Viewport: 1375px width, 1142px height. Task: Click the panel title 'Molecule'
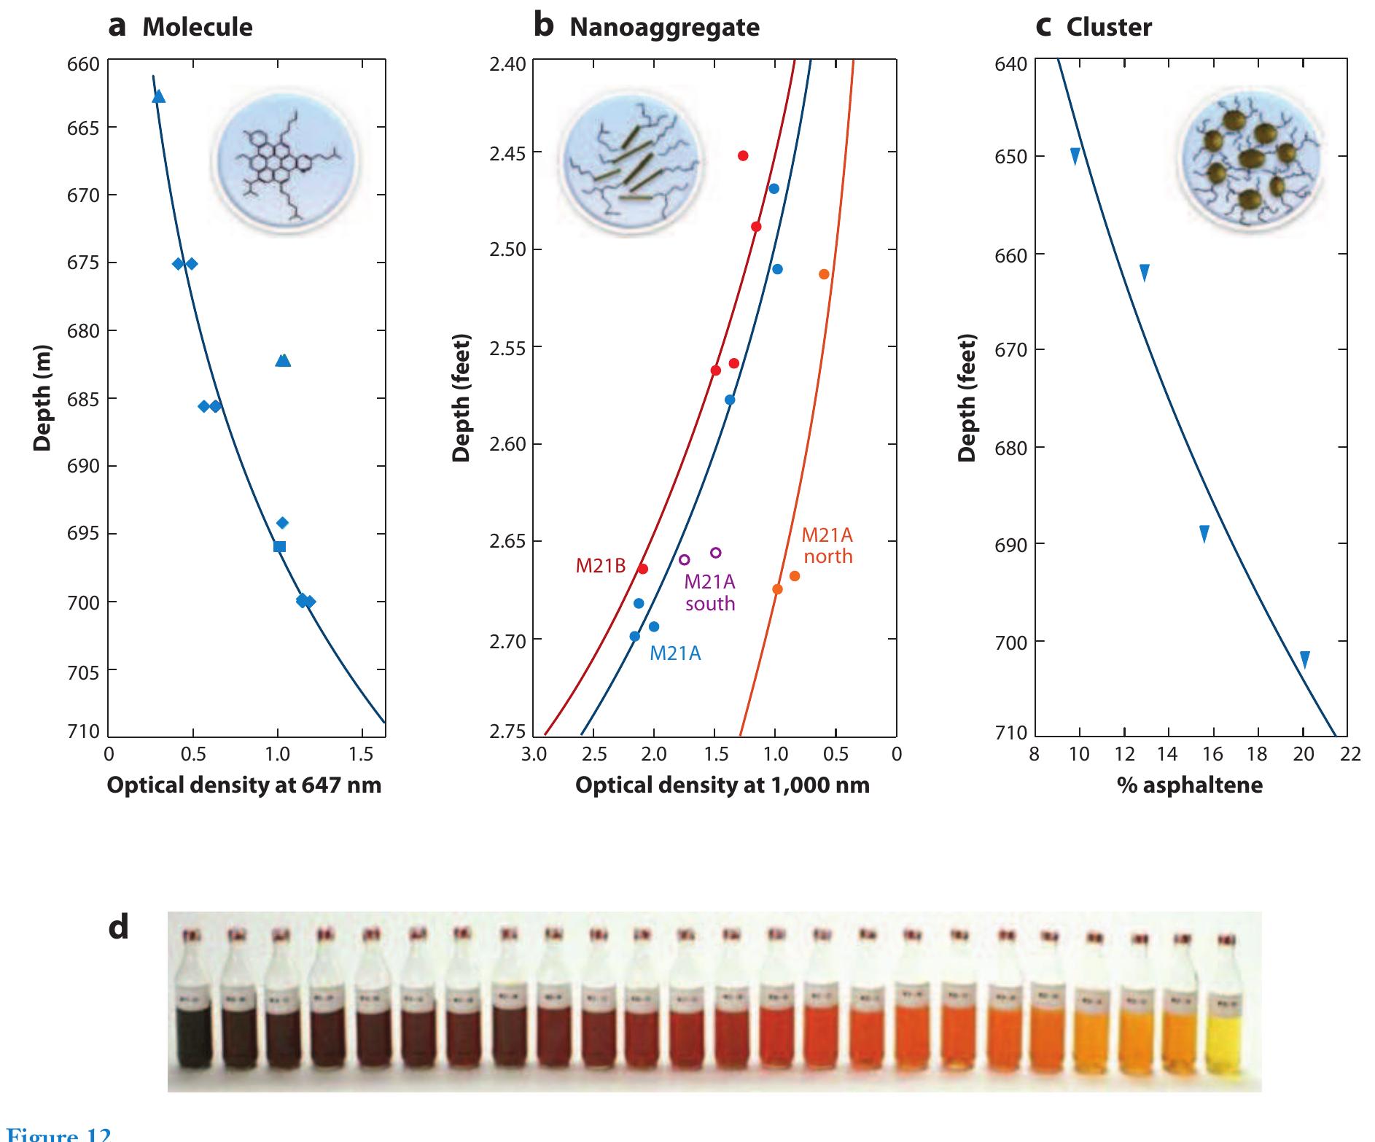[x=197, y=28]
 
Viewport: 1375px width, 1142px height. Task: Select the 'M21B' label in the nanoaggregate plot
[x=601, y=566]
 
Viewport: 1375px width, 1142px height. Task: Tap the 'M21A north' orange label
[x=827, y=545]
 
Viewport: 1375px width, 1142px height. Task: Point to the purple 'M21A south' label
[x=709, y=593]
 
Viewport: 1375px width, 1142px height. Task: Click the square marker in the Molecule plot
[x=279, y=546]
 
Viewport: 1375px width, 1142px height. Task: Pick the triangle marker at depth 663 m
[x=158, y=96]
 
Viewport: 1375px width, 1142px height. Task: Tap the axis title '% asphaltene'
[x=1189, y=785]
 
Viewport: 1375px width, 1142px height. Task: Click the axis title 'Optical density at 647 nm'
[x=244, y=785]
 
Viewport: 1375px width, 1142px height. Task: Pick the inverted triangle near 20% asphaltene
[x=1305, y=660]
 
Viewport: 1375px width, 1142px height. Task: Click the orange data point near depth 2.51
[x=824, y=274]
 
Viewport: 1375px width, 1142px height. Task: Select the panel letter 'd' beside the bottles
[x=119, y=927]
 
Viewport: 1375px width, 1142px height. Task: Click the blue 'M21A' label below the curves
[x=675, y=653]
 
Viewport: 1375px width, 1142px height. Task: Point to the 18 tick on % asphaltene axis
[x=1258, y=754]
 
